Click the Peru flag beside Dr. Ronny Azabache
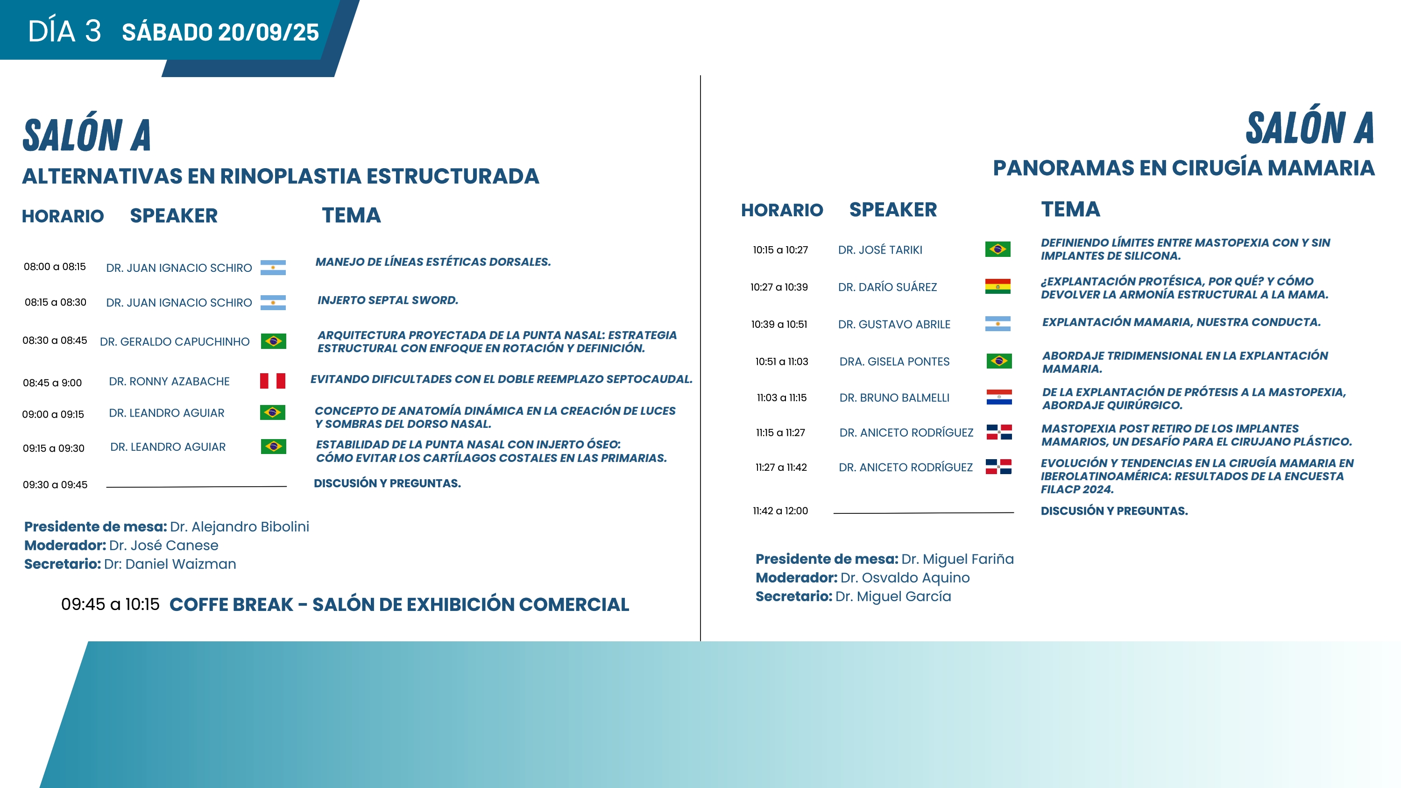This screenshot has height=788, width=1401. (x=272, y=381)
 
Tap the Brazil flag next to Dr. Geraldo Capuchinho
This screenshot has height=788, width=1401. (x=274, y=341)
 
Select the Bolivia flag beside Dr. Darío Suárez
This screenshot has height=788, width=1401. (x=998, y=287)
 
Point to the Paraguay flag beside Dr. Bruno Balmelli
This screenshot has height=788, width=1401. (x=999, y=397)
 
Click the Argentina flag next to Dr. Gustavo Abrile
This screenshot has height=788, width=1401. (x=998, y=324)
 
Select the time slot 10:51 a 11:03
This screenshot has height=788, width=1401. (x=782, y=362)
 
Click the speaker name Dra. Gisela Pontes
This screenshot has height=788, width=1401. (x=894, y=362)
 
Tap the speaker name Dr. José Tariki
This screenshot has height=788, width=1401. (x=880, y=249)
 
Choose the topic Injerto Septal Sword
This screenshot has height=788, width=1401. (x=388, y=300)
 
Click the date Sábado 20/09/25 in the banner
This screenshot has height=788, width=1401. (x=220, y=32)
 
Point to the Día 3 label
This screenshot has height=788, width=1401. (x=64, y=31)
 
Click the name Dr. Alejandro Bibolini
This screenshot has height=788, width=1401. (x=239, y=526)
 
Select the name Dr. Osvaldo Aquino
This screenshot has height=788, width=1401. (x=905, y=577)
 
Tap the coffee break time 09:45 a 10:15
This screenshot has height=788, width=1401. (x=110, y=604)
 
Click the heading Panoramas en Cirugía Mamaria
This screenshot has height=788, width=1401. (x=1183, y=168)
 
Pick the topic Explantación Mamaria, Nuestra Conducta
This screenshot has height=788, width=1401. (x=1182, y=322)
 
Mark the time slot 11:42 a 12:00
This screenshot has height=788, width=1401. (x=780, y=511)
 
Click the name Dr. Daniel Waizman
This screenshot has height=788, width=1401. (x=170, y=564)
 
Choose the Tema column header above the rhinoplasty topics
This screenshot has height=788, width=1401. (x=351, y=215)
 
